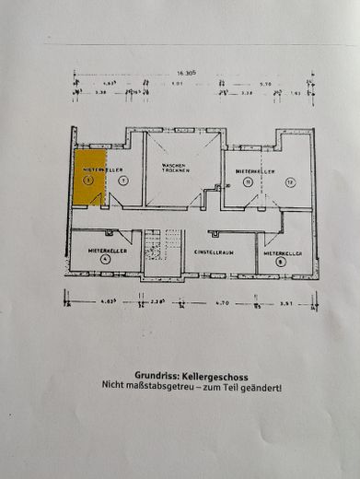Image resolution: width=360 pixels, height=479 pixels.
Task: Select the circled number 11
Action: [x=247, y=182]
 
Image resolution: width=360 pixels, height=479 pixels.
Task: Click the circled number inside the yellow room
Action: [x=88, y=182]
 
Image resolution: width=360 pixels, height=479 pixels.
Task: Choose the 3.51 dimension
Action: [x=285, y=300]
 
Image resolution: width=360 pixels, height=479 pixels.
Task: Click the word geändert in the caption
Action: [x=262, y=388]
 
